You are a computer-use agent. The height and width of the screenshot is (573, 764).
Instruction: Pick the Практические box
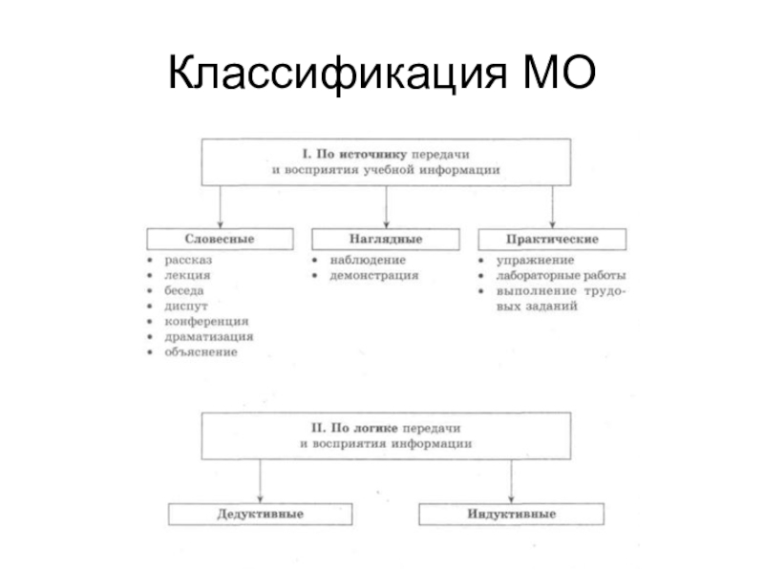552,237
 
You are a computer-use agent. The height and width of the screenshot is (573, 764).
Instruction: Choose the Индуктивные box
512,514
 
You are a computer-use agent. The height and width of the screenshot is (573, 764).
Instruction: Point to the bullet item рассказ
188,260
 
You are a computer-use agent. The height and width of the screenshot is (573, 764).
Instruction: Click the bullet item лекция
187,275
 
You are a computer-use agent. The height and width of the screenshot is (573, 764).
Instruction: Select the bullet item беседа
186,290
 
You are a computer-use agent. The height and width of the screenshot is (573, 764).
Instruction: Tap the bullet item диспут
184,306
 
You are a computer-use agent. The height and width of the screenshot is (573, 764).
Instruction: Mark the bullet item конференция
205,321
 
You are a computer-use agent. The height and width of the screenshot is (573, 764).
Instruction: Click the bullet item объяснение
201,351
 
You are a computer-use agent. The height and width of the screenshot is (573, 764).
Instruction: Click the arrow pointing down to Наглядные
386,205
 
